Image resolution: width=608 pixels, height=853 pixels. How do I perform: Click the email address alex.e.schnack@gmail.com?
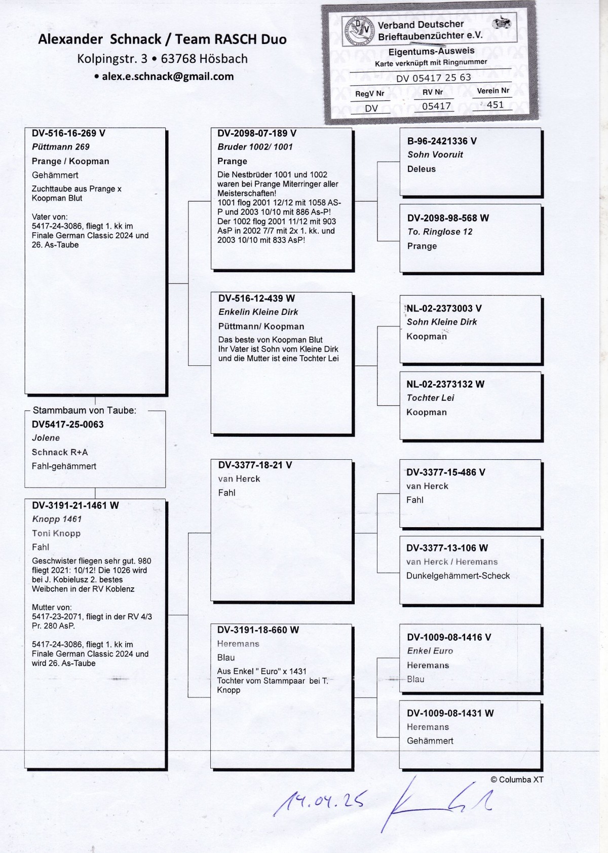167,77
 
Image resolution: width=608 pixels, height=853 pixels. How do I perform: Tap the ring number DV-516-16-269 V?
68,133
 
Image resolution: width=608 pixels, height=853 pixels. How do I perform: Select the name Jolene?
46,438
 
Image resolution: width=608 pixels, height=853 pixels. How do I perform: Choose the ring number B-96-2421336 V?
442,141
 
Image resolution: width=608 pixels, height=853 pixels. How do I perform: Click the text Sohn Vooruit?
435,155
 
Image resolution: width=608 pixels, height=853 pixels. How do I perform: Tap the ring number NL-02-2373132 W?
445,384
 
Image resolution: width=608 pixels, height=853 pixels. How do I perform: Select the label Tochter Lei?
430,398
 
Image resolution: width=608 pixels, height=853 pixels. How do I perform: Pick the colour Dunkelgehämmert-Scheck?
458,576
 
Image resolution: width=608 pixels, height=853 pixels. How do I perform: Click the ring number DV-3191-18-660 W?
258,630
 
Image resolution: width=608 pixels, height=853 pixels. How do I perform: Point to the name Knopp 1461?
57,519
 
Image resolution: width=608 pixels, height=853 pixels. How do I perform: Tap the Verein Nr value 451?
495,105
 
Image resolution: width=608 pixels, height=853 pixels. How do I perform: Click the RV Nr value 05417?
436,106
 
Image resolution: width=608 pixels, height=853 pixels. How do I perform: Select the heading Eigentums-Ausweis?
431,51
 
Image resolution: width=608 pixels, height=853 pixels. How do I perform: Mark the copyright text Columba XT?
517,780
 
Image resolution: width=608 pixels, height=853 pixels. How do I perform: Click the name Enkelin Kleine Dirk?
258,312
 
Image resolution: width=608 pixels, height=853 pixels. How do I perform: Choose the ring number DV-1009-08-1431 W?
450,713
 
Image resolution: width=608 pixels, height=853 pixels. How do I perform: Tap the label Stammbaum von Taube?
85,411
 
